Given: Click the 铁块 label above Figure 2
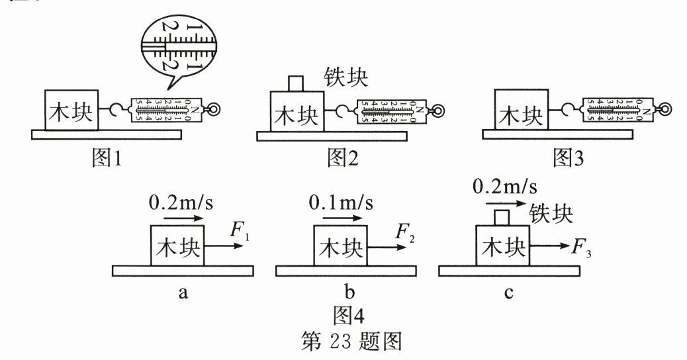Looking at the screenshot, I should click(345, 77).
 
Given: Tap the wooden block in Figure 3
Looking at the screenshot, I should click(522, 109).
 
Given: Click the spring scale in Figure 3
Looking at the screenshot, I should click(618, 109).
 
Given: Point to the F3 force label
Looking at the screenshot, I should click(582, 250).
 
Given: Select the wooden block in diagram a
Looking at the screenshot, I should click(178, 246).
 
